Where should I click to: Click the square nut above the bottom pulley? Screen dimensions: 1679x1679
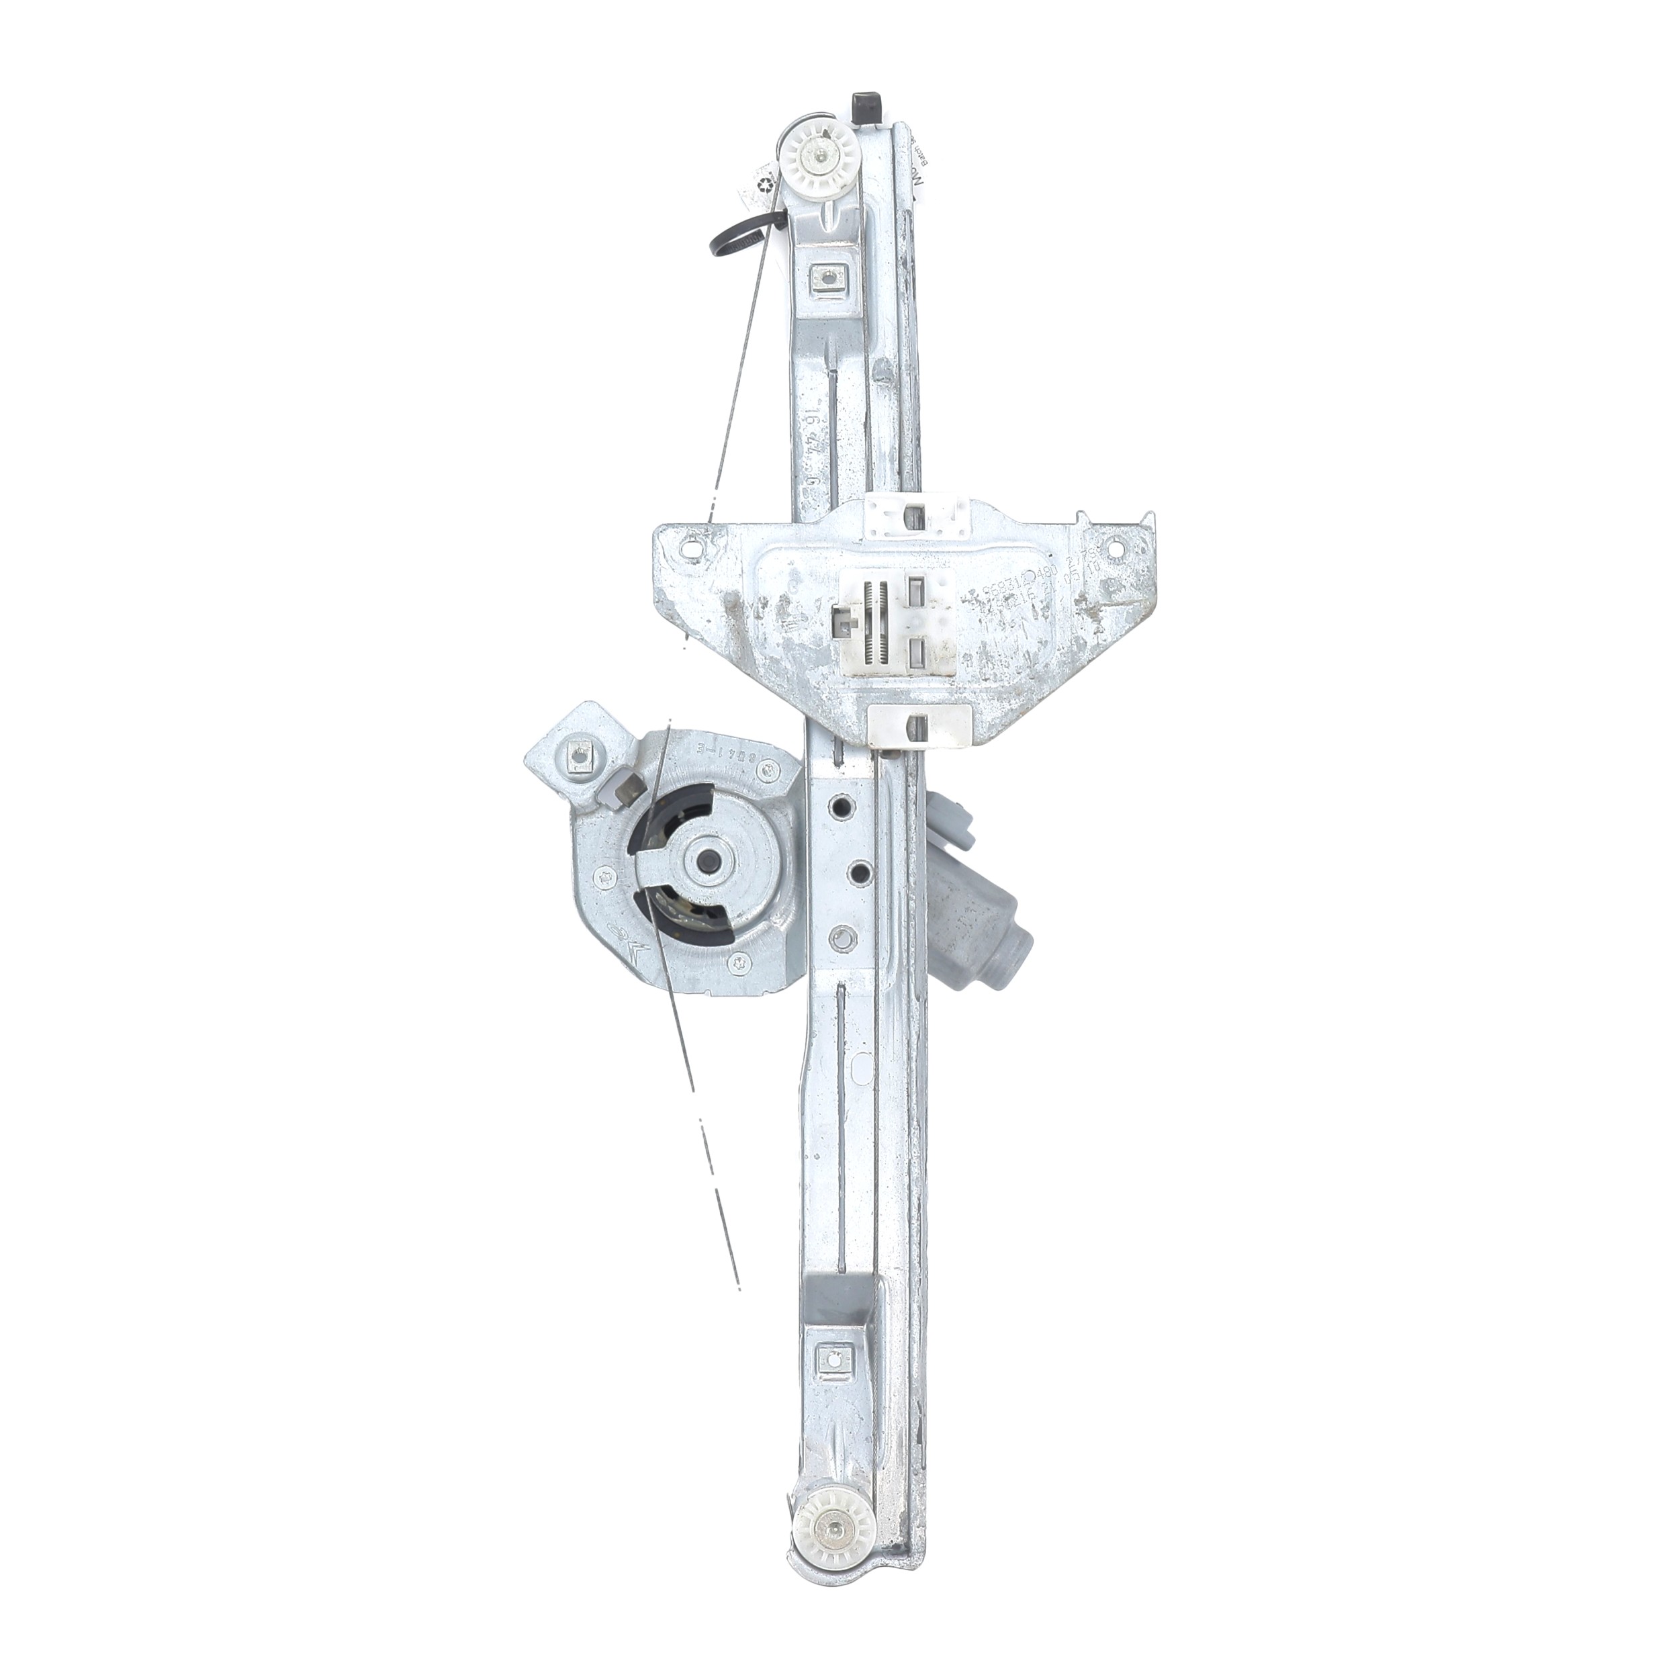(837, 1381)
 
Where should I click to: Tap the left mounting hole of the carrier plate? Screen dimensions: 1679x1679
(692, 549)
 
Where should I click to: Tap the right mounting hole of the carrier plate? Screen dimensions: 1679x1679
(1114, 547)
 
